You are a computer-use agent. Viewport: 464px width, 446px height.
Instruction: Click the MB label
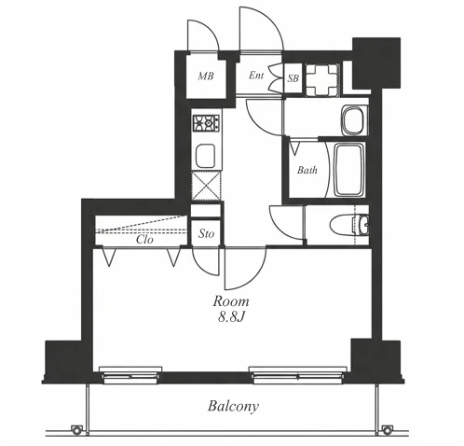[206, 76]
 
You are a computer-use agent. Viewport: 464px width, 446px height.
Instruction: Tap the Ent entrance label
[256, 75]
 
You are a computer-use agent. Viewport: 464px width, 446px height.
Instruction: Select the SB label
[293, 78]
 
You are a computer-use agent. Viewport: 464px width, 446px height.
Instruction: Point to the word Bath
[307, 170]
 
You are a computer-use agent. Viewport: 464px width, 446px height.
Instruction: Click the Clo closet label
[144, 239]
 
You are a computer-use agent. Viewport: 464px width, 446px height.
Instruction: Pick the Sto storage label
[207, 233]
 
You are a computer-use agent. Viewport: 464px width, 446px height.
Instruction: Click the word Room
[231, 301]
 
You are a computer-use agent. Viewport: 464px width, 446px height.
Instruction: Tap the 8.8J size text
[232, 317]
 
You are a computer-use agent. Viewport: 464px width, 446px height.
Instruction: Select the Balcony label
[233, 407]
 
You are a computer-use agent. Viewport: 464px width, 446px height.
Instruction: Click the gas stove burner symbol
[206, 123]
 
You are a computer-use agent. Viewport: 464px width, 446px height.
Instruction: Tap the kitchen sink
[206, 156]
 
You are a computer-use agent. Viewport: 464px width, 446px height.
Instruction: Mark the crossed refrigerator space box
[206, 186]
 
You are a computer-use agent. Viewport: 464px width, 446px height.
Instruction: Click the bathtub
[349, 170]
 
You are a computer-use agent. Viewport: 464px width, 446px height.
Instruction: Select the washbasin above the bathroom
[354, 120]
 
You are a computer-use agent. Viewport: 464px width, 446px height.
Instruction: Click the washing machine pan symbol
[322, 80]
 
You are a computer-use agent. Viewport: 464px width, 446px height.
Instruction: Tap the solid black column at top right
[376, 63]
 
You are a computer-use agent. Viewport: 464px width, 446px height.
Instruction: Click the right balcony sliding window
[298, 374]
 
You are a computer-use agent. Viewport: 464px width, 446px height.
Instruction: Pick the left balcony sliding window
[130, 374]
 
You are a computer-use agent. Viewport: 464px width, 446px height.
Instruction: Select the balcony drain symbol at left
[76, 430]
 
